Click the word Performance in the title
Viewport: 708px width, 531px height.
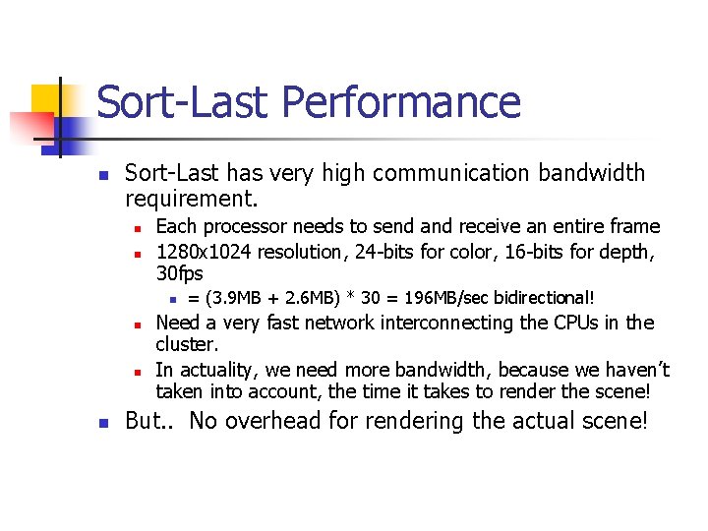pos(401,102)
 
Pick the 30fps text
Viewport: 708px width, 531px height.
pos(180,273)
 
